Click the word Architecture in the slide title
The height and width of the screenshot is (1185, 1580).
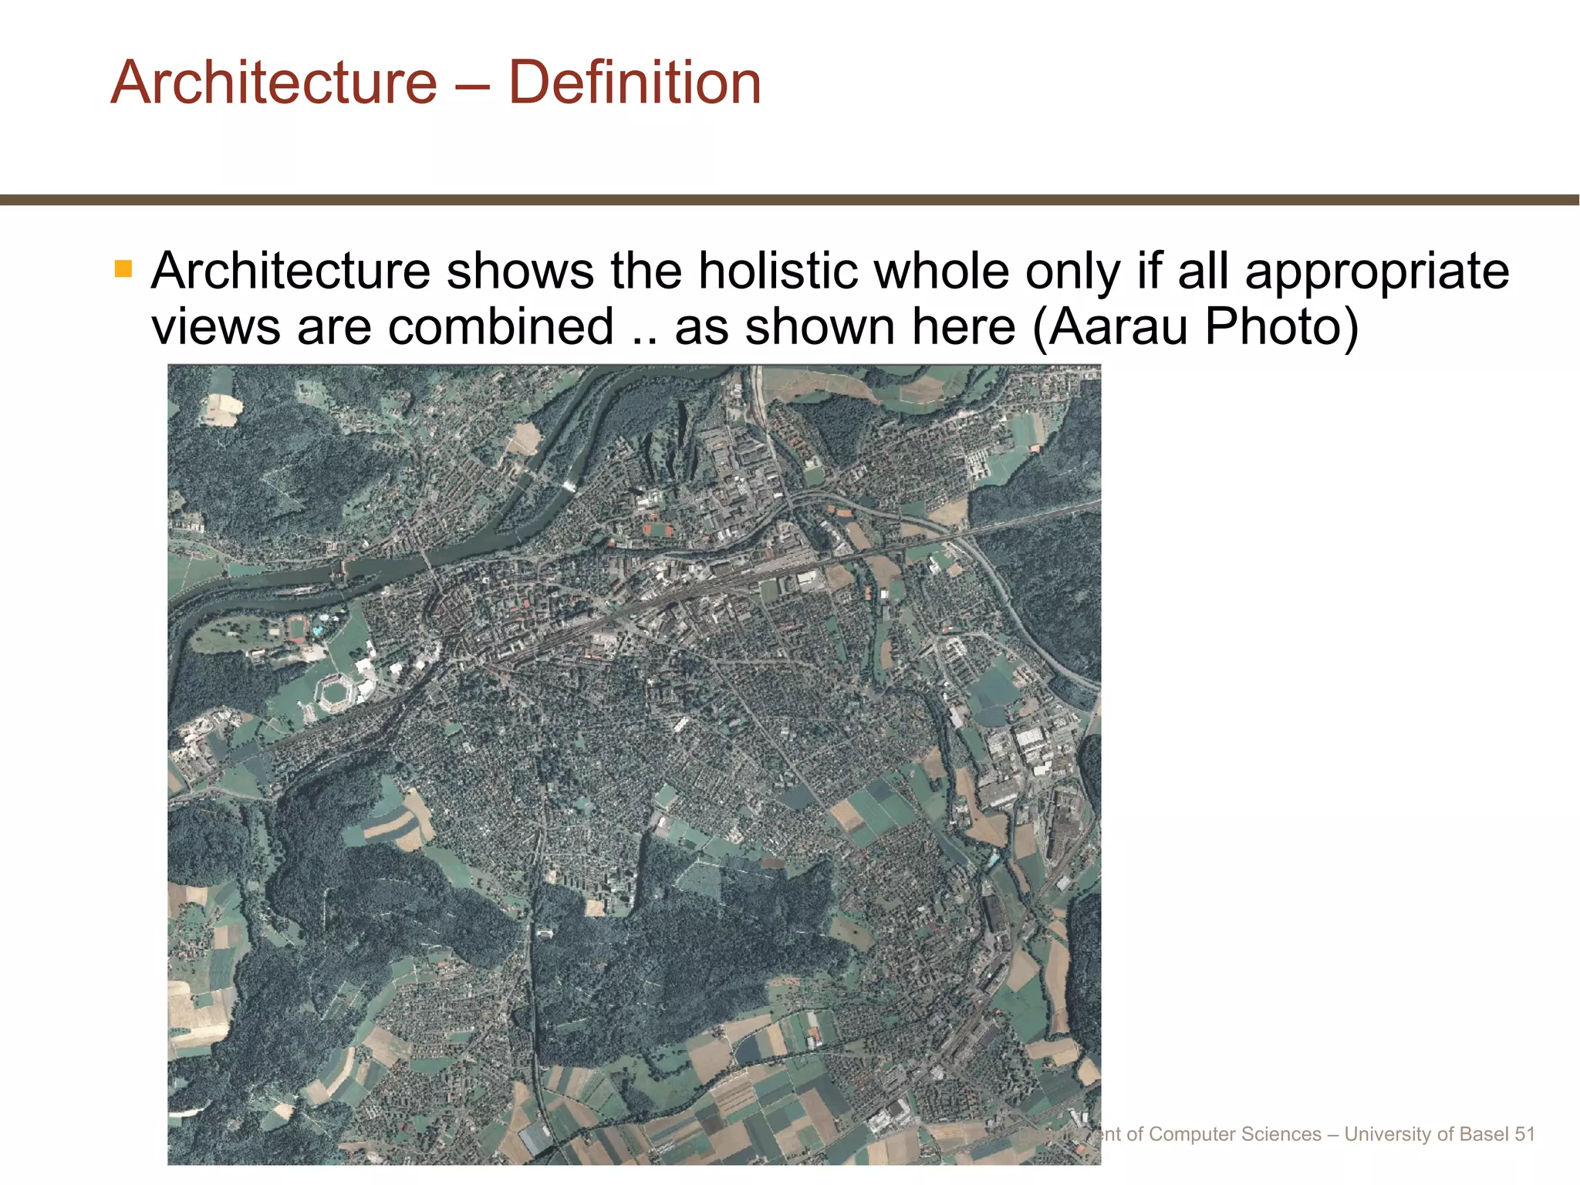tap(274, 83)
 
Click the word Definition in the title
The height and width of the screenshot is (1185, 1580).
tap(634, 83)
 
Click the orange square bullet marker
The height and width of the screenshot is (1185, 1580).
tap(123, 268)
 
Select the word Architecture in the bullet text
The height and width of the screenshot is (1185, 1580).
tap(290, 272)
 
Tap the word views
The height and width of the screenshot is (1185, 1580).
tap(215, 327)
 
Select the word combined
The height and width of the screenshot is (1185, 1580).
tap(501, 327)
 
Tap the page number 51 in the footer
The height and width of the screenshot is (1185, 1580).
tap(1524, 1134)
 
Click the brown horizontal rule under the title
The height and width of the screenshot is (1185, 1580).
tap(790, 200)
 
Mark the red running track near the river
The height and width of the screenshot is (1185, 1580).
tap(297, 630)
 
